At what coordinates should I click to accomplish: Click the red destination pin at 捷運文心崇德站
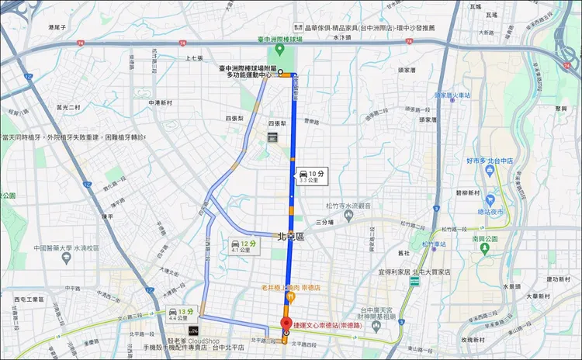click(285, 325)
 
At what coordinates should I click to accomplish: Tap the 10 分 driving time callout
click(310, 177)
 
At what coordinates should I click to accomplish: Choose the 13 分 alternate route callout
click(178, 313)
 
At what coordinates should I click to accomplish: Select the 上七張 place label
click(193, 58)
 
